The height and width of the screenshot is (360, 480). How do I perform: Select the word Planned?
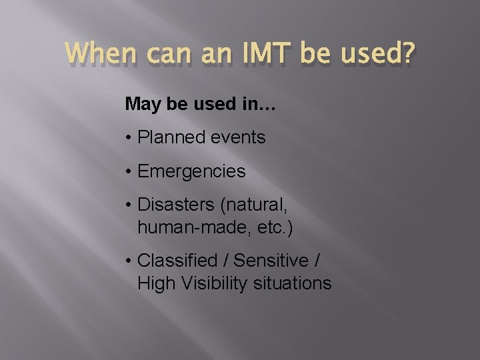[x=169, y=138]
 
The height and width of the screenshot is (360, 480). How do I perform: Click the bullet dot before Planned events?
[x=128, y=138]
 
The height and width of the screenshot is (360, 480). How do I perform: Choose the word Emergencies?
[x=191, y=171]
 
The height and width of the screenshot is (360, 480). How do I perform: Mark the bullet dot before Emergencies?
[x=128, y=171]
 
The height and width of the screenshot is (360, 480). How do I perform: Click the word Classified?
[x=177, y=261]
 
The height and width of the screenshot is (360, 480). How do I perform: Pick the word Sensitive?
[x=271, y=261]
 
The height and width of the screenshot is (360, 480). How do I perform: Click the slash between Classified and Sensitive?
[x=225, y=261]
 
